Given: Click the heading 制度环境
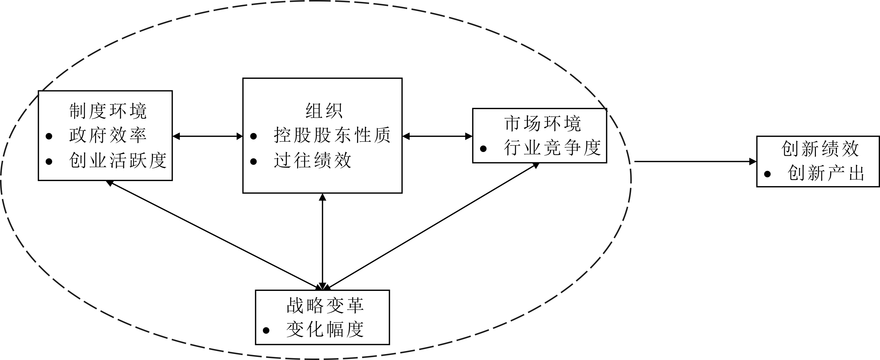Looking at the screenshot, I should pos(108,111).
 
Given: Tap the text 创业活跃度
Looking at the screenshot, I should pos(118,160).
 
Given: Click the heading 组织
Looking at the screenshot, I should pos(324,111).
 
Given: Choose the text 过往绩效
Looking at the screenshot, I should pos(313,160).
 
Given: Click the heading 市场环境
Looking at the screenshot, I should pos(542,124).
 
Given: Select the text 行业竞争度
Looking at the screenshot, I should pos(552,148).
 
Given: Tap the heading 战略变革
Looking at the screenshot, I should pos(325,305).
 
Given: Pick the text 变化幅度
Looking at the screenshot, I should pos(325,330).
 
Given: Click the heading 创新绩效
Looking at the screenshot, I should pos(820,149).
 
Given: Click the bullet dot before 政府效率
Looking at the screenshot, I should pos(49,136).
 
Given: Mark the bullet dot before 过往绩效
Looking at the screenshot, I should pos(253,161).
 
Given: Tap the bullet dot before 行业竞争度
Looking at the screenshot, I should pos(483,149).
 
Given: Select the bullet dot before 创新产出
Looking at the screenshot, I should pos(767,174).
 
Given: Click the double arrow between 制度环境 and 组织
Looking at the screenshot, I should pos(207,137).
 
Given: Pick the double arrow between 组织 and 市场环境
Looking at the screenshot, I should pos(437,137).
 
